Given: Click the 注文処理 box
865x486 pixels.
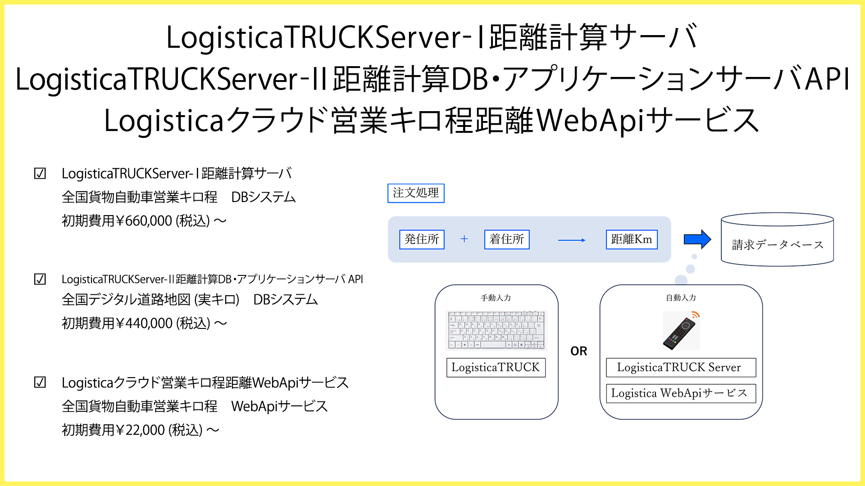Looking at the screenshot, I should click(415, 193).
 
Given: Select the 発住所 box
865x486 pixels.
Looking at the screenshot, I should click(422, 239).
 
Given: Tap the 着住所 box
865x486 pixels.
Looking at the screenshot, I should click(506, 239).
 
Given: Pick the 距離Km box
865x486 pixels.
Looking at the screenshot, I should click(631, 239).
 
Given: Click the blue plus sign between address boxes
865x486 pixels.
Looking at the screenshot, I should click(464, 239).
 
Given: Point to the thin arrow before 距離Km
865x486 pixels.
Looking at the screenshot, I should click(571, 240).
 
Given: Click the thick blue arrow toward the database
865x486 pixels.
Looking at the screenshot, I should click(697, 239).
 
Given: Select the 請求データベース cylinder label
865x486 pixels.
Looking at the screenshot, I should click(777, 245).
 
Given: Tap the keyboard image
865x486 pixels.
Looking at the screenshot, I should click(496, 330).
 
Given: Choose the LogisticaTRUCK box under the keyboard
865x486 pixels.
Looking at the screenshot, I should click(496, 368).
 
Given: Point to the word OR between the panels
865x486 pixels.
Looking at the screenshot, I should click(579, 351).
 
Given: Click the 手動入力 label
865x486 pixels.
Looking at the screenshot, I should click(496, 298).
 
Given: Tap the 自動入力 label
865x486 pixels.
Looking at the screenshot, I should click(681, 298).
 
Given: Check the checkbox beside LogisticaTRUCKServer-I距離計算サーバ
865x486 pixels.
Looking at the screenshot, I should click(40, 174).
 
